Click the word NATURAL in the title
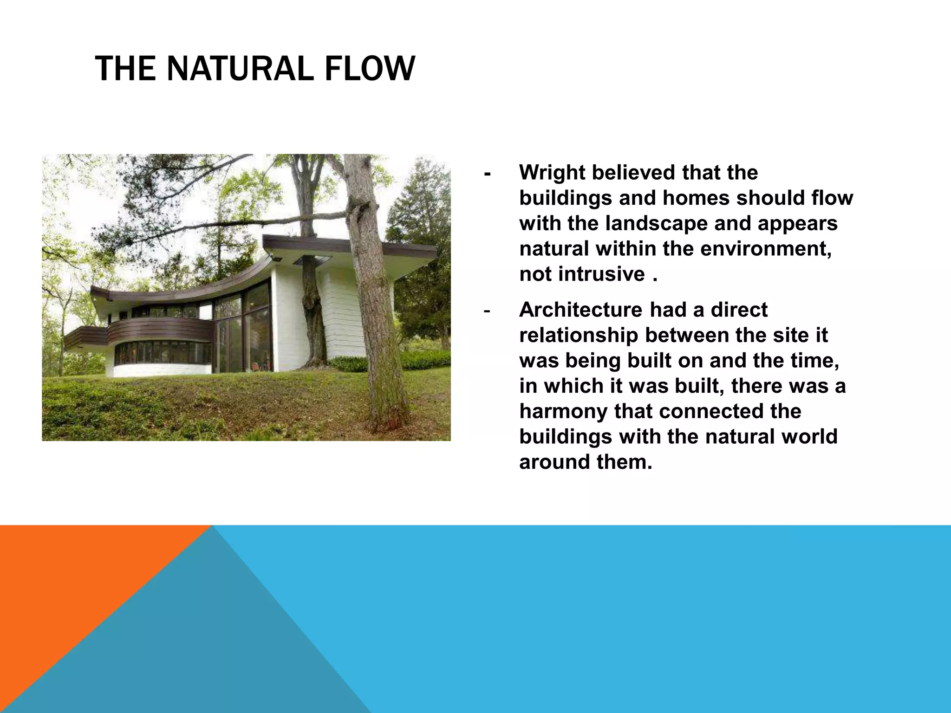pos(240,68)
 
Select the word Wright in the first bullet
pos(552,173)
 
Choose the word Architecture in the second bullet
pos(580,310)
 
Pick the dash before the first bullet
pos(487,174)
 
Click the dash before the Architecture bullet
pos(487,311)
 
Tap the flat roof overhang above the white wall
pos(348,246)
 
